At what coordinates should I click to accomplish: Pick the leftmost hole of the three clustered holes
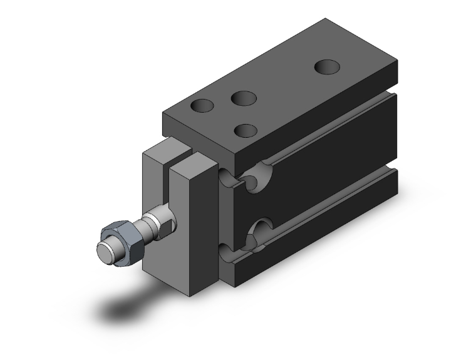point(203,106)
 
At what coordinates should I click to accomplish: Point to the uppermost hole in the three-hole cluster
point(243,98)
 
